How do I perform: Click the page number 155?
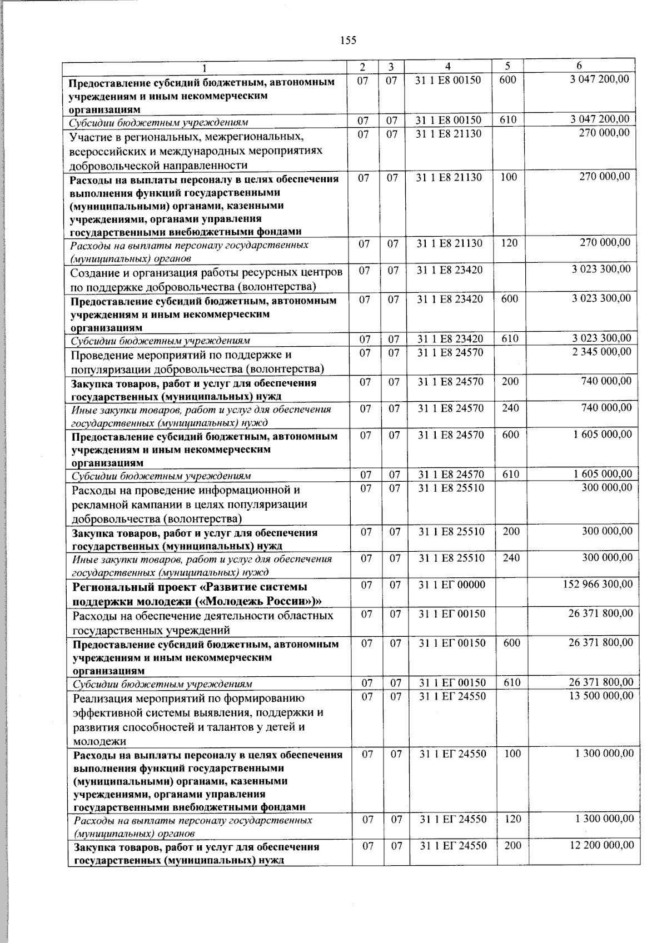tap(347, 40)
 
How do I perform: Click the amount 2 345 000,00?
tap(602, 352)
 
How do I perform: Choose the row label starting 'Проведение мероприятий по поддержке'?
tap(197, 361)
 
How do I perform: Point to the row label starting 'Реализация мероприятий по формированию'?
tap(197, 719)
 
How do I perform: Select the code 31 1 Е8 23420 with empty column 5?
tap(450, 270)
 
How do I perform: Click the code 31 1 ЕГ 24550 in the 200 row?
tap(453, 846)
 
